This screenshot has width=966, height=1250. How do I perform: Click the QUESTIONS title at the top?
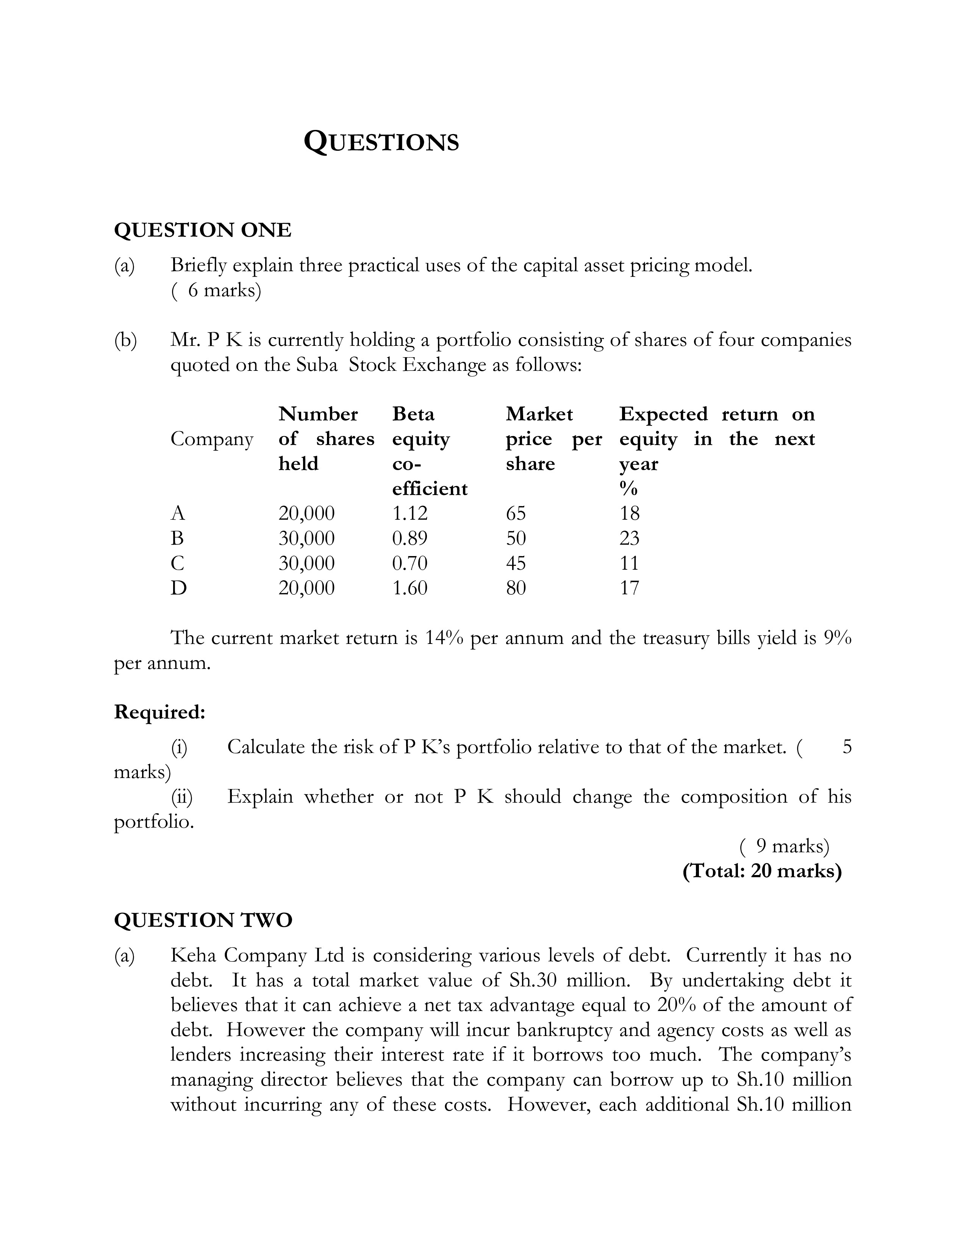(x=381, y=141)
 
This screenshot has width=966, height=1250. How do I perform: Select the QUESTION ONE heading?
(x=203, y=230)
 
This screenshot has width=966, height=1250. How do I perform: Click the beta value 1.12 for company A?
(x=410, y=513)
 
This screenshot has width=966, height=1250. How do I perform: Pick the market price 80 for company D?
(x=516, y=588)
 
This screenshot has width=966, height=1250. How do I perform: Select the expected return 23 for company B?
(x=630, y=538)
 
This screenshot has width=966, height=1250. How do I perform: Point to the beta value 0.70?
(x=410, y=563)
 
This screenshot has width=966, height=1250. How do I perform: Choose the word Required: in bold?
(x=159, y=712)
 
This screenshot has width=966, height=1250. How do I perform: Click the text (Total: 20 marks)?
(x=762, y=870)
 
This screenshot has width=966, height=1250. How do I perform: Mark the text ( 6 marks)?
(x=216, y=291)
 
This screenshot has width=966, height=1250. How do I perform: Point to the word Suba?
(x=317, y=364)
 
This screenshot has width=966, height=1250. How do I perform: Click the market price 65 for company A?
(x=516, y=513)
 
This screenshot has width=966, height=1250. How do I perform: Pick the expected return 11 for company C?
(x=629, y=563)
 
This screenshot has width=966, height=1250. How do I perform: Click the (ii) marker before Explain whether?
(x=182, y=797)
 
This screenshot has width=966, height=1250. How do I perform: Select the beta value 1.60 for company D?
(x=410, y=588)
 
